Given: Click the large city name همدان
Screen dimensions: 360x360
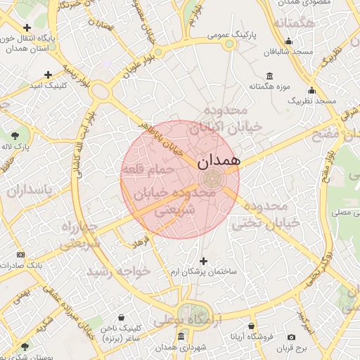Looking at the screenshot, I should tap(219, 160).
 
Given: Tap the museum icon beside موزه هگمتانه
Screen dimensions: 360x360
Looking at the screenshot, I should tap(269, 76).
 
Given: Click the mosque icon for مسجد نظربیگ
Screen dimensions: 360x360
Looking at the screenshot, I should tap(311, 91).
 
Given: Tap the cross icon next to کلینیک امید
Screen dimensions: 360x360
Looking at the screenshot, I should tap(48, 74).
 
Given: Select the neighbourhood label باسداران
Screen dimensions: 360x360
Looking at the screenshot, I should tap(30, 191).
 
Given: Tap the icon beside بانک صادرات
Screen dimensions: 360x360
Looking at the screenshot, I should tap(20, 254).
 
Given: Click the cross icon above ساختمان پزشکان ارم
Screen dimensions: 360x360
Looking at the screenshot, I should tap(204, 261).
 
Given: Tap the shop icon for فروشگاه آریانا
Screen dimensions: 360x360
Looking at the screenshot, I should tap(252, 326).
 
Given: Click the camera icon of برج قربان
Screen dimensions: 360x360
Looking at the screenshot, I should tap(292, 337).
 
